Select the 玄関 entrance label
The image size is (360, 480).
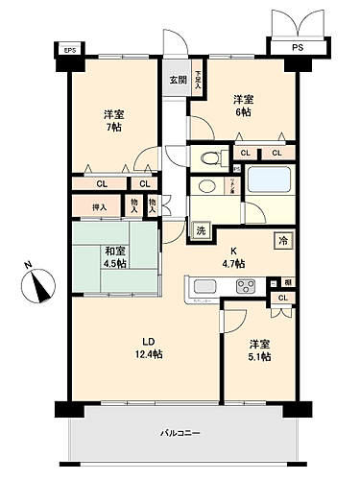179,80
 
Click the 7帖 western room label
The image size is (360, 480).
115,122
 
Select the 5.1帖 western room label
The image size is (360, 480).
259,350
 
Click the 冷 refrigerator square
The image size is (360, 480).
285,241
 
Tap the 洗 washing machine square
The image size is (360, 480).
201,229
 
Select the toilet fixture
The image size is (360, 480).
209,156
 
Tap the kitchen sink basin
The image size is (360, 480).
205,285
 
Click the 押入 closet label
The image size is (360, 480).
99,205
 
